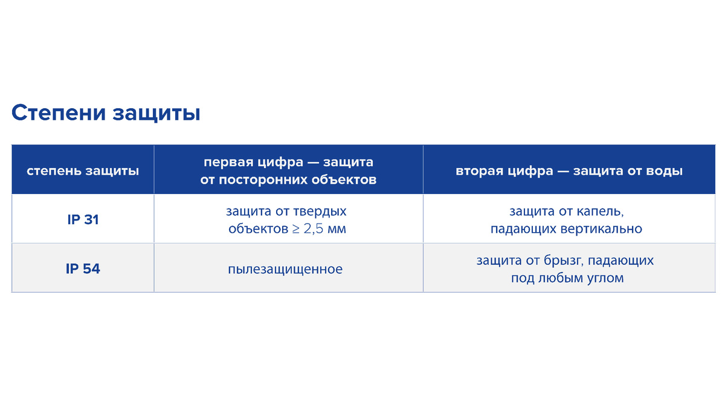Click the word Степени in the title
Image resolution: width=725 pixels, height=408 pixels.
point(57,113)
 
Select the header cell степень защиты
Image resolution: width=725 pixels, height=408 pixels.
point(83,171)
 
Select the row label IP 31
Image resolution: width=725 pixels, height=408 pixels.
point(83,220)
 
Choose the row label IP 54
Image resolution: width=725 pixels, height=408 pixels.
point(83,269)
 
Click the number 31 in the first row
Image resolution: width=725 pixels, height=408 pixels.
point(91,220)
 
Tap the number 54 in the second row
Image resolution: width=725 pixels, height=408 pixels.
point(91,269)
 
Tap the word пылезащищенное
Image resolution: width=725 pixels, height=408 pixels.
point(285,269)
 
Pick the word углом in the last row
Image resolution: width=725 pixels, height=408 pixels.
point(604,278)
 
